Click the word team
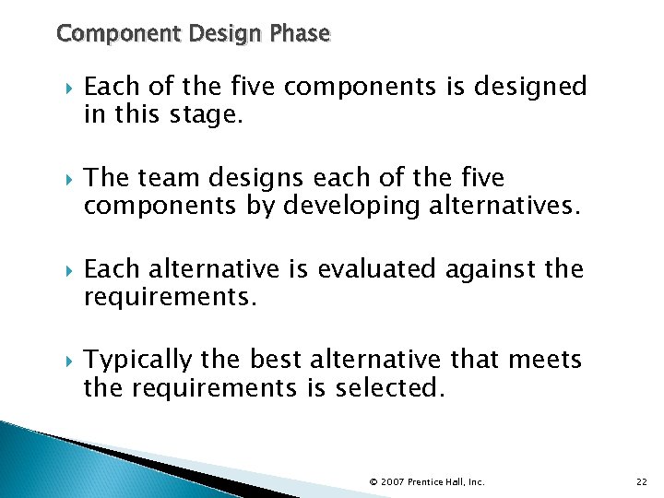click(167, 177)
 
